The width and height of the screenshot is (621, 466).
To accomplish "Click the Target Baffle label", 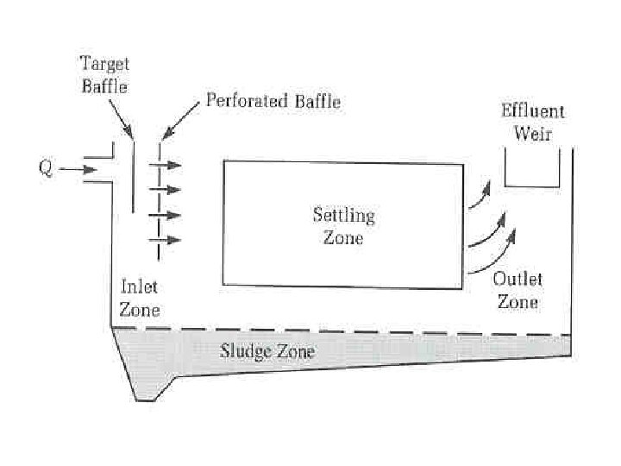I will (103, 74).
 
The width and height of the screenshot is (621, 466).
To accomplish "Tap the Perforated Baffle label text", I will (273, 102).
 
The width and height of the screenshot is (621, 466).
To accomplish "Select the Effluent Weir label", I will (532, 122).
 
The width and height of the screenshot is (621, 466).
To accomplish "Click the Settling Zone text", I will (343, 226).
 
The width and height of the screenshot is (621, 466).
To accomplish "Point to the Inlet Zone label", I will (138, 298).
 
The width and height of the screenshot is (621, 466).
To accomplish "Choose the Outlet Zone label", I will (517, 291).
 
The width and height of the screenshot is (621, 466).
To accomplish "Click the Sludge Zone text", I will (267, 352).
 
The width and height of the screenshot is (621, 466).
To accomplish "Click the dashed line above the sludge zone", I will (345, 331).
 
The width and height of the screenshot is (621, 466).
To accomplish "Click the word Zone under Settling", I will (343, 238).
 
